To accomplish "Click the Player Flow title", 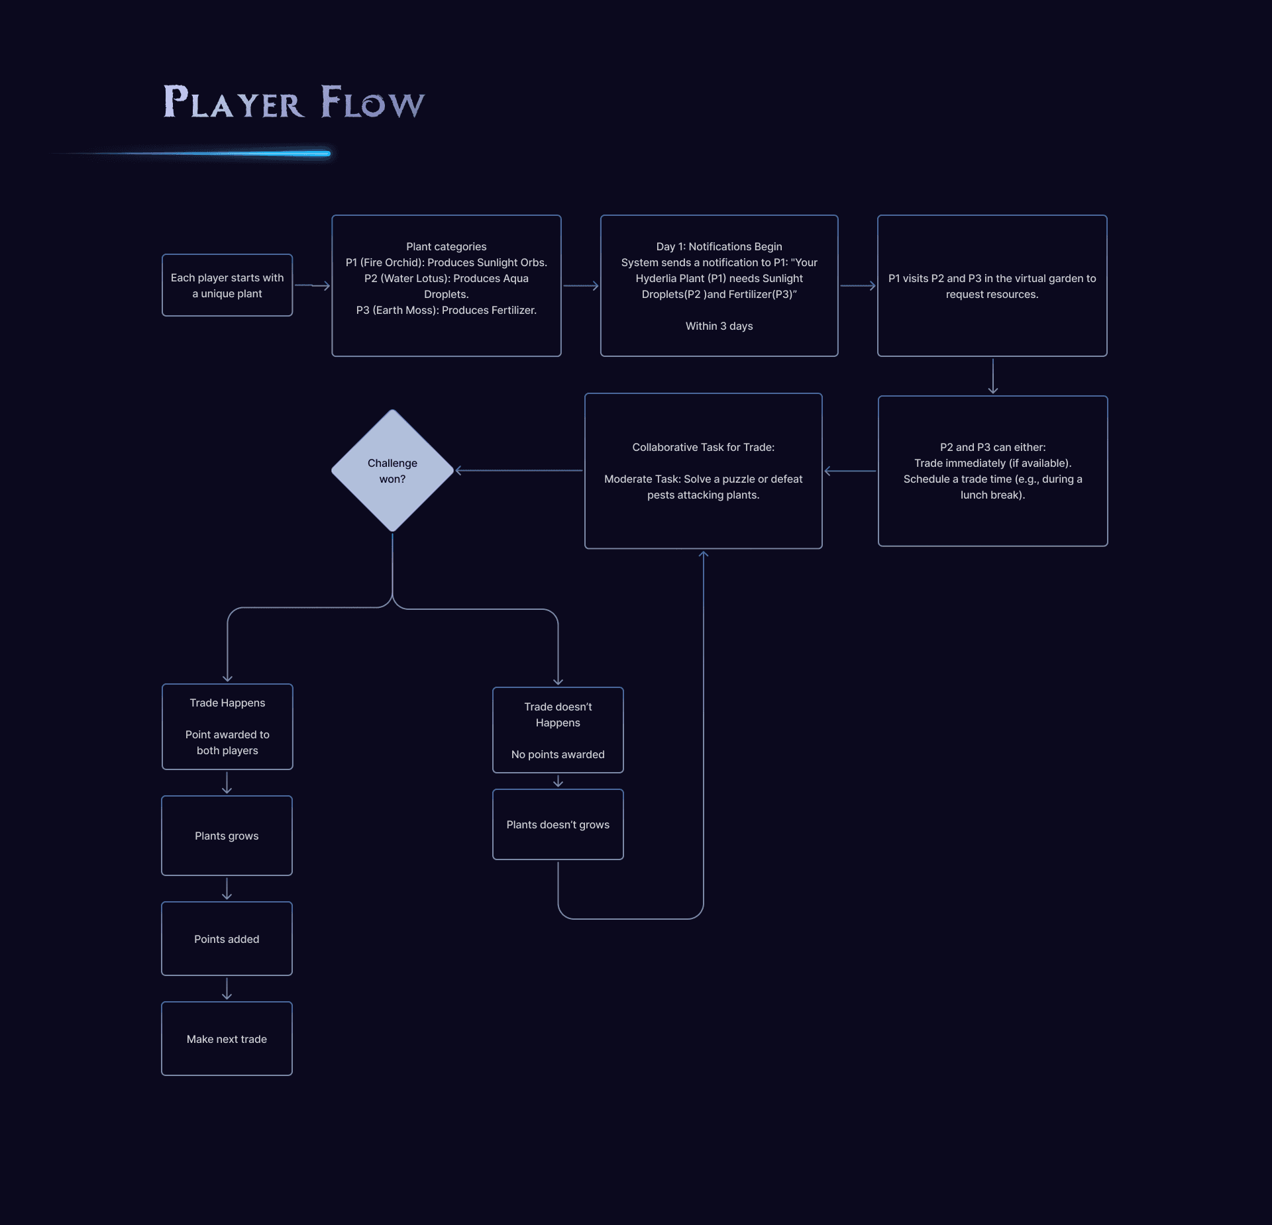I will point(293,102).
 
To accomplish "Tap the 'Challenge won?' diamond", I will point(392,471).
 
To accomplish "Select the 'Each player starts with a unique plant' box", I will point(227,285).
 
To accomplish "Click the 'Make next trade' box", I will point(227,1038).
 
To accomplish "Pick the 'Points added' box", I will point(227,938).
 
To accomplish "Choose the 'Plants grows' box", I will point(227,836).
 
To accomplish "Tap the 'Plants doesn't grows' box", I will point(558,824).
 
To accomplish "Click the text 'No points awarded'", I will point(558,754).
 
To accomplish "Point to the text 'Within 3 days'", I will point(719,326).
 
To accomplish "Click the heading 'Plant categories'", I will point(446,246).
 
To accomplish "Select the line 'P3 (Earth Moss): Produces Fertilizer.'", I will point(446,310).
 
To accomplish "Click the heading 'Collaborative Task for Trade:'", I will point(703,447).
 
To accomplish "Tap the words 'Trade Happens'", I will point(227,703).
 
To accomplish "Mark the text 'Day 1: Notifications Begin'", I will point(719,246).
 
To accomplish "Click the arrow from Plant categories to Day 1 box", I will point(581,286).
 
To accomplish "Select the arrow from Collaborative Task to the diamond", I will point(519,471).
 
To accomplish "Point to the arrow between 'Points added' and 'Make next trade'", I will point(227,988).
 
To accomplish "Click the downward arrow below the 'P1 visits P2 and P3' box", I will point(992,376).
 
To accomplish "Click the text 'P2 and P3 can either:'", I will point(992,447).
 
